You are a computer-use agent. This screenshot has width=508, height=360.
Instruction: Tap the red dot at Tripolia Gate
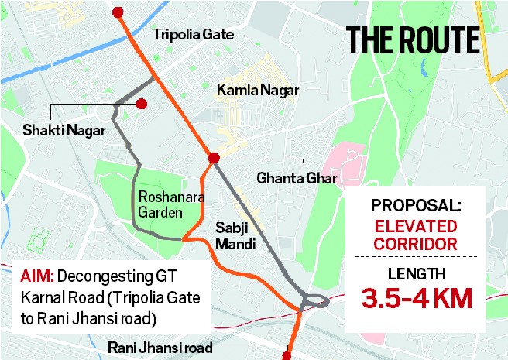tap(118, 12)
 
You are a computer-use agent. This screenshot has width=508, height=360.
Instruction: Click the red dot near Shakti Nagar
tap(142, 104)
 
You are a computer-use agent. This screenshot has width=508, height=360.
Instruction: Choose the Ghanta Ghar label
tap(298, 180)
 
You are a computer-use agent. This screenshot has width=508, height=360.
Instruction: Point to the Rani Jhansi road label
tap(160, 349)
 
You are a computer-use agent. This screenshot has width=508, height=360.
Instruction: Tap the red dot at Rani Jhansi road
tap(287, 356)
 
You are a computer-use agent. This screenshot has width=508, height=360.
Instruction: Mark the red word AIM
tap(36, 275)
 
